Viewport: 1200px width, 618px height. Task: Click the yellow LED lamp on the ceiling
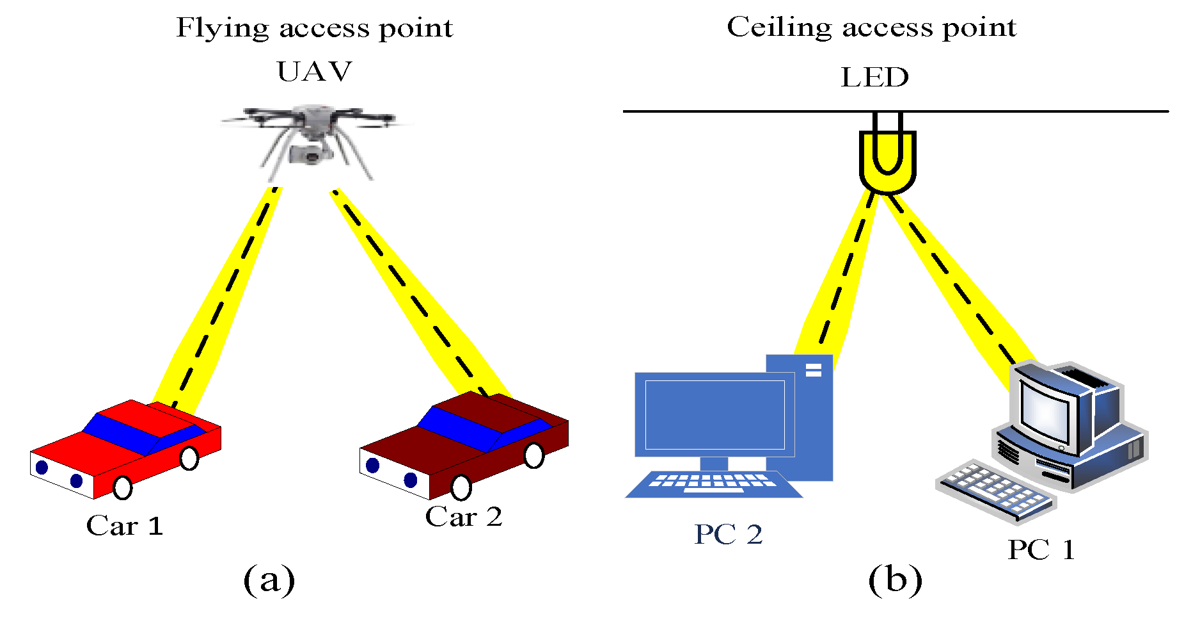pyautogui.click(x=887, y=160)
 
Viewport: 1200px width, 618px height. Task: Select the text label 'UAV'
pyautogui.click(x=314, y=72)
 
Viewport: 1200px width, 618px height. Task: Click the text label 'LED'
pyautogui.click(x=874, y=78)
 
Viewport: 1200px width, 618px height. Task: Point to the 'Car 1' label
pyautogui.click(x=125, y=526)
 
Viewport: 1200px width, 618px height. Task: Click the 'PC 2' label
pyautogui.click(x=729, y=535)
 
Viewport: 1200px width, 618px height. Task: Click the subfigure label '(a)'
pyautogui.click(x=269, y=580)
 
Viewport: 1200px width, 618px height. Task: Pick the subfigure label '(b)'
pyautogui.click(x=895, y=580)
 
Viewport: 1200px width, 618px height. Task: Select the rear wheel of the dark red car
pyautogui.click(x=533, y=455)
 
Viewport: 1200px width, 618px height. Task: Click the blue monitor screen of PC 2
pyautogui.click(x=714, y=415)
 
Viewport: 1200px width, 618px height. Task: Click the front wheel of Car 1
pyautogui.click(x=123, y=488)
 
